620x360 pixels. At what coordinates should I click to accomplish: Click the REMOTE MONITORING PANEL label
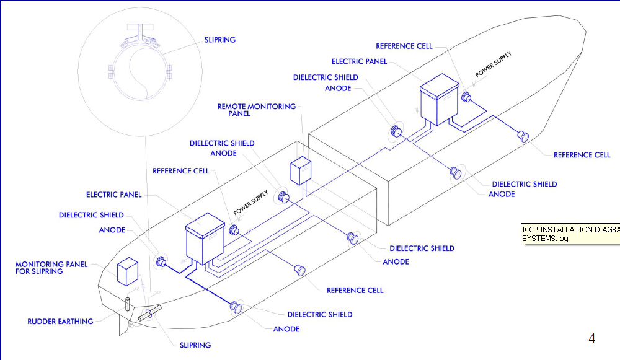(x=256, y=110)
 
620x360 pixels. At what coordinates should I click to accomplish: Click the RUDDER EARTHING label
(x=60, y=322)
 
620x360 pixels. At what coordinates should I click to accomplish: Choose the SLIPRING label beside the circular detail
(x=219, y=40)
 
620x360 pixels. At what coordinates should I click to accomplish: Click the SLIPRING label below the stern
(x=195, y=345)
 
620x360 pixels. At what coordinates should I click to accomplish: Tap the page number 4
(x=591, y=338)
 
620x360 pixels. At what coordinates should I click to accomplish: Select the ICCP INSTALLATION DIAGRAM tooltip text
(x=570, y=233)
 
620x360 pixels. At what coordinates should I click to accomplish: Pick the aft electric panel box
(x=205, y=235)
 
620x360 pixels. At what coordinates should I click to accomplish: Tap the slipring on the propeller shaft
(x=149, y=314)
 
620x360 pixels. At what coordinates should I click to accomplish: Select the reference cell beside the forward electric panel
(x=467, y=97)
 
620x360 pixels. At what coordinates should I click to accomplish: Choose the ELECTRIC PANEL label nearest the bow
(x=359, y=61)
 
